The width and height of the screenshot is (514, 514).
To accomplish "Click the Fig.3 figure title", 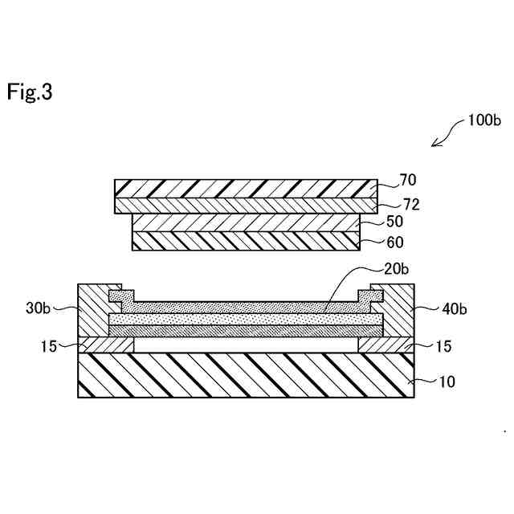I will point(30,92).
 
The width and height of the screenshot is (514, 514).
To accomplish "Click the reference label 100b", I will point(483,122).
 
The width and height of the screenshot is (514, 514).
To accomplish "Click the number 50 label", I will point(395,221).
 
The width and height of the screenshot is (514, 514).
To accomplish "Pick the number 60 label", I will point(395,241).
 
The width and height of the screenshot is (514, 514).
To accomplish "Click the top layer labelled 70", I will point(246,188).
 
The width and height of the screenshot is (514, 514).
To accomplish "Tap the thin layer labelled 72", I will point(246,206).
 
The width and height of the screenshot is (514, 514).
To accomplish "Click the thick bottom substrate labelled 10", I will point(246,375).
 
